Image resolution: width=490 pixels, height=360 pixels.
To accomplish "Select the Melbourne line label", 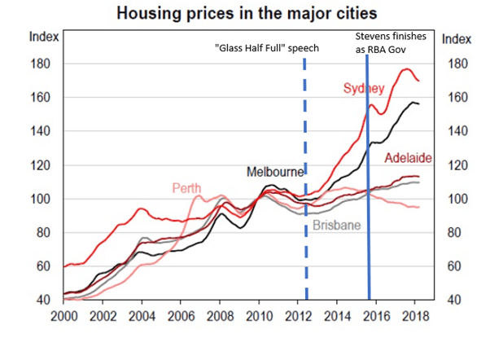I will tap(275, 172).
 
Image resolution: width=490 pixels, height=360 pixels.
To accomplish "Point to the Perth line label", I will tap(186, 188).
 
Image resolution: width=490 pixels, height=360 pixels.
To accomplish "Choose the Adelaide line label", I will tap(407, 157).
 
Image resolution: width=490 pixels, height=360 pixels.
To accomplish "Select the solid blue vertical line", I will tap(369, 204).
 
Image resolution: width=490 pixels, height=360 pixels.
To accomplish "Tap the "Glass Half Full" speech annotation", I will tap(266, 48).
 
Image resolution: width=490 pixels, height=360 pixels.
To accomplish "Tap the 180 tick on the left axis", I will tap(41, 64).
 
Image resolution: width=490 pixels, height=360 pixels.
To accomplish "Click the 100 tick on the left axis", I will tap(41, 199).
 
